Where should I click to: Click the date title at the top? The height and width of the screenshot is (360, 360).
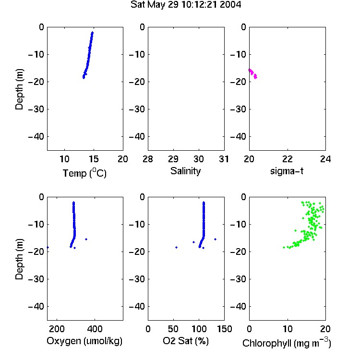[186, 5]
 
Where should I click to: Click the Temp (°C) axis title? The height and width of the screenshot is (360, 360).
[84, 173]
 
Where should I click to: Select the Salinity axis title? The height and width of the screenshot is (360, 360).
[185, 171]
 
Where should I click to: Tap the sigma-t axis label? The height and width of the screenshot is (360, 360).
[287, 171]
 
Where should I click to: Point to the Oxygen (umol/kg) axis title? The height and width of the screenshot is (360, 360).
[84, 341]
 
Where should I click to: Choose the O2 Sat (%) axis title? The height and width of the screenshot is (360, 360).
[186, 341]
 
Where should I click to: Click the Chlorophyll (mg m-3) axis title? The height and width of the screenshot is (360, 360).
[287, 343]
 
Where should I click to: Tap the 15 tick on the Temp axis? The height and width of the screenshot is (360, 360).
[94, 159]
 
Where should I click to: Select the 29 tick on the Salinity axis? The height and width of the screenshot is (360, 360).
[173, 159]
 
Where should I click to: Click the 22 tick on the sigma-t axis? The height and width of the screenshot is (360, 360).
[288, 159]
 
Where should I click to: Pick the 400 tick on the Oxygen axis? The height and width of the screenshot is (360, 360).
[95, 329]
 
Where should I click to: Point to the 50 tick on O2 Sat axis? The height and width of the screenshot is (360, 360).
[173, 329]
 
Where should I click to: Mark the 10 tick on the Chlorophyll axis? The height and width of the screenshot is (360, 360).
[288, 329]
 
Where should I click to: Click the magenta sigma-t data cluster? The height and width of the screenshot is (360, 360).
[253, 73]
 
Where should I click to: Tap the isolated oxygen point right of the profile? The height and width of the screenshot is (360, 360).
[86, 239]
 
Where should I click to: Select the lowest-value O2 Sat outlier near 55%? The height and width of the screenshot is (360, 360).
[176, 247]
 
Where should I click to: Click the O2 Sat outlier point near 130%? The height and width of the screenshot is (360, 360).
[215, 239]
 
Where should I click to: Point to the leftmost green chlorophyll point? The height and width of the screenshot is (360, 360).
[284, 247]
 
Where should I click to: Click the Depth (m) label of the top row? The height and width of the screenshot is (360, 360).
[19, 89]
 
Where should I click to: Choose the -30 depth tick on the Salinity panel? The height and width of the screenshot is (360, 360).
[138, 109]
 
